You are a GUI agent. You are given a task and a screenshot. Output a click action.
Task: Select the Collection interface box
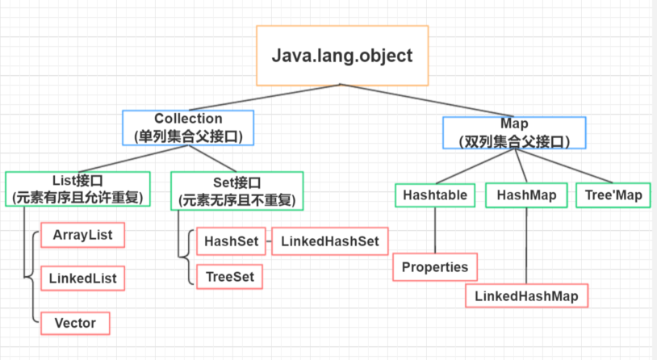pyautogui.click(x=188, y=128)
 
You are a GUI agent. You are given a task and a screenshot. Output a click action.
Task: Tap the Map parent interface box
pyautogui.click(x=514, y=132)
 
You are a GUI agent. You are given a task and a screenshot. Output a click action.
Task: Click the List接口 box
pyautogui.click(x=77, y=187)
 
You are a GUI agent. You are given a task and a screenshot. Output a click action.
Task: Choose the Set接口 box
pyautogui.click(x=237, y=187)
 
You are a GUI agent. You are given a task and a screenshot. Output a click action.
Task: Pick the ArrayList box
pyautogui.click(x=82, y=236)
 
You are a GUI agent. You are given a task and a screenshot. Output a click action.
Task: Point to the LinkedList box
pyautogui.click(x=82, y=279)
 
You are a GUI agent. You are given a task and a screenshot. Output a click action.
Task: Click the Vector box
pyautogui.click(x=74, y=323)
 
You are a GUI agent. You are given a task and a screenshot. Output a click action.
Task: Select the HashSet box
pyautogui.click(x=230, y=241)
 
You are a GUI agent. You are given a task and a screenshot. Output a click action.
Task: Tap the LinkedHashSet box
pyautogui.click(x=329, y=241)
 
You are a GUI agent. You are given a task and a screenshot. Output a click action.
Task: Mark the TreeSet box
pyautogui.click(x=230, y=276)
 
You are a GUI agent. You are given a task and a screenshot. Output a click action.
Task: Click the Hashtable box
pyautogui.click(x=435, y=195)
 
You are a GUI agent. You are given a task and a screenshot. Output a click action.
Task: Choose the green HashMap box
pyautogui.click(x=525, y=195)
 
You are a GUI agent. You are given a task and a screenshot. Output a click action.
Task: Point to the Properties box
pyautogui.click(x=435, y=267)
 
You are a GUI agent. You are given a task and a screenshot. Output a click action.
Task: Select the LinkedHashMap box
pyautogui.click(x=526, y=295)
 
